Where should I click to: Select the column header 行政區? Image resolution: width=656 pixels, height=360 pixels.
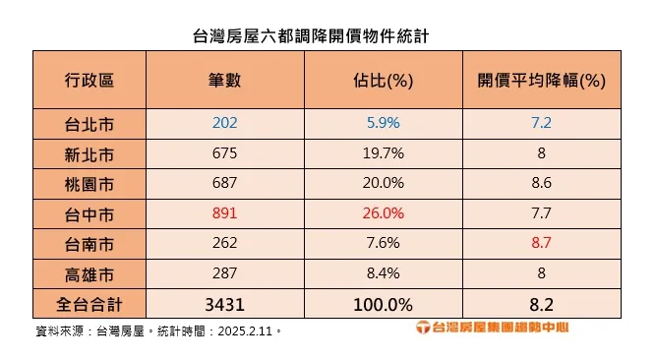point(89,80)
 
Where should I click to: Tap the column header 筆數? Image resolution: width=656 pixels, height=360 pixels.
point(225,80)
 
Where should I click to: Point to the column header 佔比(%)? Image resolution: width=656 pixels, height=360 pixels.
point(383,80)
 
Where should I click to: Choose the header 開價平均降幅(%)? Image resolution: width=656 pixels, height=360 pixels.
point(540,80)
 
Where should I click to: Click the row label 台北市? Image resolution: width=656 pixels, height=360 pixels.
point(89,124)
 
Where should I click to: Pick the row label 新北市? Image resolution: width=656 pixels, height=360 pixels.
point(89,153)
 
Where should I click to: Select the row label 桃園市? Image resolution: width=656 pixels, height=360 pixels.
point(89,183)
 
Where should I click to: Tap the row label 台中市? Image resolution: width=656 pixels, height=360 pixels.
point(89,212)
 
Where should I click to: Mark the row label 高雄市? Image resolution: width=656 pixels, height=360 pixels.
point(89,271)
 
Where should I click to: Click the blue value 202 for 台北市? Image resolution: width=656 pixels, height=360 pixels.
point(225,124)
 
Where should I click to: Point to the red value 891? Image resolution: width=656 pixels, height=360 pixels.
point(225,212)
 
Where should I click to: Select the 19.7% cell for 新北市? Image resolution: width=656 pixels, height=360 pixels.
point(383,153)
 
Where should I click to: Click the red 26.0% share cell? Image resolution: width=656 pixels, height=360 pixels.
point(383,212)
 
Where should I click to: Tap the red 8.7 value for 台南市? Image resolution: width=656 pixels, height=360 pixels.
point(540,242)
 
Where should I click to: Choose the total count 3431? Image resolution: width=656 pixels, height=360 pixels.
point(225,301)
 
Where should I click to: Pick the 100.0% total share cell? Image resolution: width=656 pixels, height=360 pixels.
point(383,301)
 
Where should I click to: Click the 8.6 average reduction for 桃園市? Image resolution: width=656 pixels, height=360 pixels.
point(540,183)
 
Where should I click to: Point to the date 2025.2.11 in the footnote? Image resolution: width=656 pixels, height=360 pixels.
point(247,330)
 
